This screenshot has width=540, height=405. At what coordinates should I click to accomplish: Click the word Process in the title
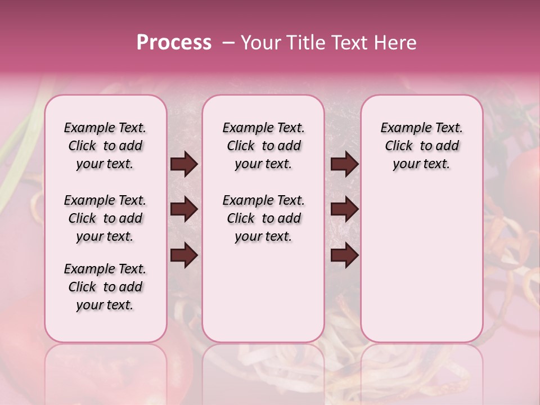(174, 43)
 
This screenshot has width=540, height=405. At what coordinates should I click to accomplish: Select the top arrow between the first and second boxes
(184, 164)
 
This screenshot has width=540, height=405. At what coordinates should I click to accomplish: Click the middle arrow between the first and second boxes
(184, 210)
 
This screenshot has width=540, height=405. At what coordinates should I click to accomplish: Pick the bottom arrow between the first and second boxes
(184, 255)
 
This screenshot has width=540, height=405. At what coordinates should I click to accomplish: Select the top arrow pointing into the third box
(344, 164)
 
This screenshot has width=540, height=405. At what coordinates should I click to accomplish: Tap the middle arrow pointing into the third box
(344, 210)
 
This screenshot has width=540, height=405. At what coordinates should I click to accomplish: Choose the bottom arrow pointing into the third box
(344, 255)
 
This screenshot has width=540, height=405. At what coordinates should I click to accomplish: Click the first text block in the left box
(105, 146)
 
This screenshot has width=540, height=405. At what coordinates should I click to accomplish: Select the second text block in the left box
(105, 218)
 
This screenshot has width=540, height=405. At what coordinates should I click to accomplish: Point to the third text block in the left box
(105, 287)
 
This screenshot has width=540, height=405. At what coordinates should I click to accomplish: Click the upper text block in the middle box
(263, 146)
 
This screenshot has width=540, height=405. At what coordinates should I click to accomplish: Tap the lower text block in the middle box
(263, 218)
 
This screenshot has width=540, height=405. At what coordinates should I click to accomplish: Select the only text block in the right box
(421, 146)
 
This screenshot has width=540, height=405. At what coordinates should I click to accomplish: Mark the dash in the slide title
(228, 43)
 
